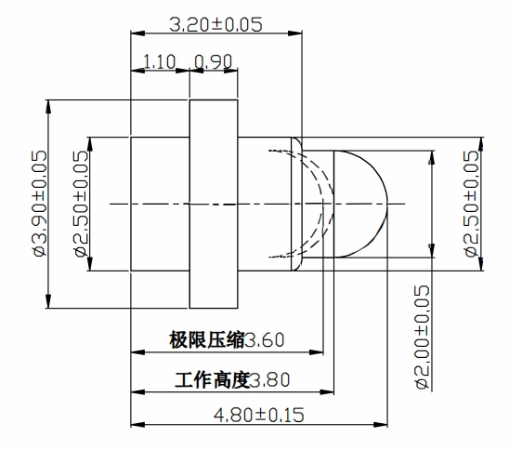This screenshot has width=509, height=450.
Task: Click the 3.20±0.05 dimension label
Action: [215, 24]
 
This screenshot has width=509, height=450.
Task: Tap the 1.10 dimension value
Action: [159, 61]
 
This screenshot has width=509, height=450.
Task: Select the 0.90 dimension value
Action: [214, 61]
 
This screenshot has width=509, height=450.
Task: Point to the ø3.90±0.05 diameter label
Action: [40, 204]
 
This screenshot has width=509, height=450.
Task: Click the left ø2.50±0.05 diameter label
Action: [81, 204]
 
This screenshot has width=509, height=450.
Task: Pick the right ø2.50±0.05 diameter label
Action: [470, 204]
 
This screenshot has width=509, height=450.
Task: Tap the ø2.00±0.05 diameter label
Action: [422, 337]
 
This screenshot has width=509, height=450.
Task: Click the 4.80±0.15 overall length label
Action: [259, 415]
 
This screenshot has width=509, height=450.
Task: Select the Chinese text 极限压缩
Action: [206, 340]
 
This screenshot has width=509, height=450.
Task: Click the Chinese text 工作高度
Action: [213, 380]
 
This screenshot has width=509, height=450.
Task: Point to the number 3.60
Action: [264, 340]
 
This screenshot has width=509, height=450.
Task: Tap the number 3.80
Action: [270, 380]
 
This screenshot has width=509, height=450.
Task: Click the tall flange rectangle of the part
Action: [214, 204]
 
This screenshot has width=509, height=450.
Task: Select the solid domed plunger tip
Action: [360, 204]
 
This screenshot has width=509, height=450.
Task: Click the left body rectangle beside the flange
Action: [160, 204]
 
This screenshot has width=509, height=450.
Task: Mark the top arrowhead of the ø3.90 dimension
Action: [48, 107]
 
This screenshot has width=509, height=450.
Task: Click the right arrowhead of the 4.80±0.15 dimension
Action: [381, 425]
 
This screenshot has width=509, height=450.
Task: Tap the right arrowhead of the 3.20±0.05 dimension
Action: [294, 33]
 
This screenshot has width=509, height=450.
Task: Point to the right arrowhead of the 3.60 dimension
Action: [316, 352]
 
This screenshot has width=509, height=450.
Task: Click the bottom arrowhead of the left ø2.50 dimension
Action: [90, 264]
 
